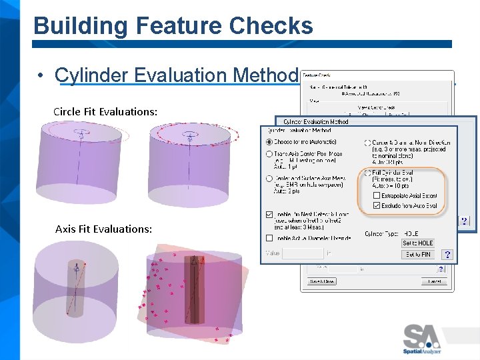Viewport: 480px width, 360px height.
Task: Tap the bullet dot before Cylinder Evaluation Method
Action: pyautogui.click(x=41, y=76)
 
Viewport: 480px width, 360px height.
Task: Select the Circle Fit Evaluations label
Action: pyautogui.click(x=105, y=111)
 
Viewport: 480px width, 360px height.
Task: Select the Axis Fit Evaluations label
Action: pyautogui.click(x=103, y=229)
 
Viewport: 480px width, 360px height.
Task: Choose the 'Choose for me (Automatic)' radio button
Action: pyautogui.click(x=269, y=142)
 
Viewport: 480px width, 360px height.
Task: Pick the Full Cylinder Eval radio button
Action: pyautogui.click(x=368, y=172)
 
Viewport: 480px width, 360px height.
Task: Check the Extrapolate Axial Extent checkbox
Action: pyautogui.click(x=377, y=195)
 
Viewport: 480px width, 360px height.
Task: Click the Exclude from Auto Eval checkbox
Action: pyautogui.click(x=377, y=206)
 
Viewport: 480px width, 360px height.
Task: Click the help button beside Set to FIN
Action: pyautogui.click(x=447, y=255)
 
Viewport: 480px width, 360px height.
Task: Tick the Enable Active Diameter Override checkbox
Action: pyautogui.click(x=269, y=238)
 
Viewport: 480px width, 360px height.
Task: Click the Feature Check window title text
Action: pyautogui.click(x=317, y=75)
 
